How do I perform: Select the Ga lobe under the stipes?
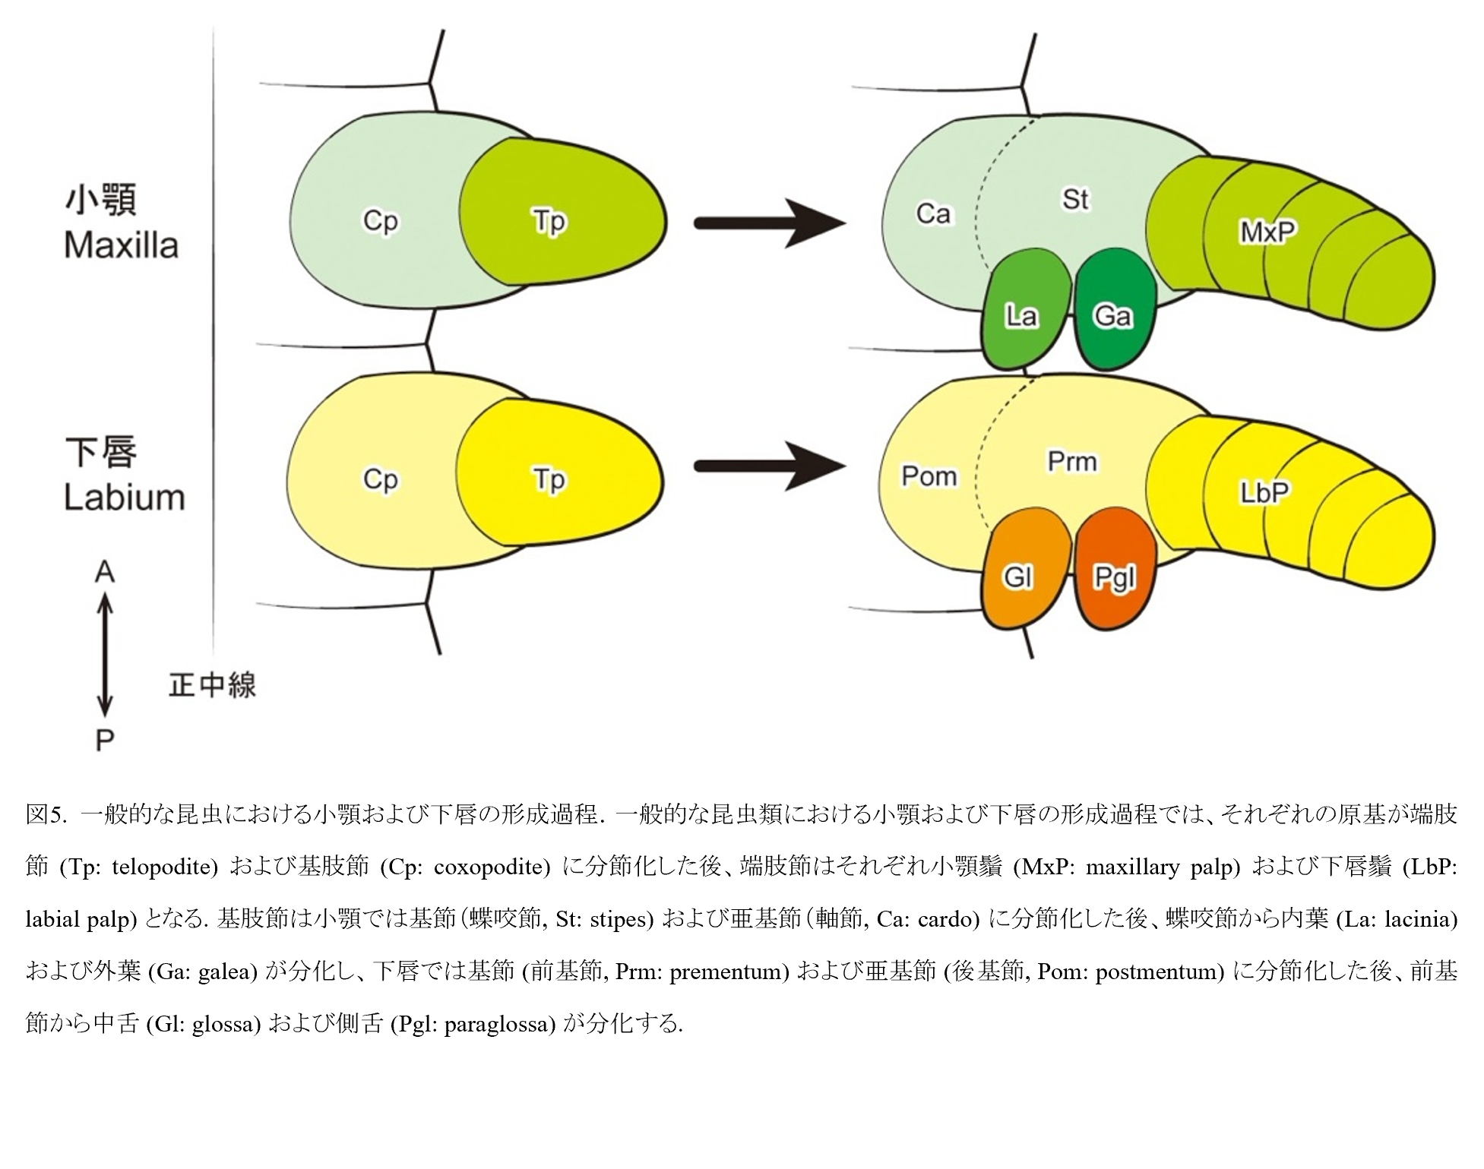1114,310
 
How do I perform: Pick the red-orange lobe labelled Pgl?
1114,569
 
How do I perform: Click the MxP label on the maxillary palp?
1267,232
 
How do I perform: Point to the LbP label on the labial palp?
1265,493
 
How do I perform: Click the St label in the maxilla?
1075,199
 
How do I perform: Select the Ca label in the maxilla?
933,213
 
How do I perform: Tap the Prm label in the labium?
1072,461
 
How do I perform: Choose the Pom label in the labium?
929,476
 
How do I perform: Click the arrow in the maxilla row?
769,223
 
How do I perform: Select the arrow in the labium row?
769,466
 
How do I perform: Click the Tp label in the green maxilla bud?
549,222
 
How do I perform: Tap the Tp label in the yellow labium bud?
549,480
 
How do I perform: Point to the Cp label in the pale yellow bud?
380,480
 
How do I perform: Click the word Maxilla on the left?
121,245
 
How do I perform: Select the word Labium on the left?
124,498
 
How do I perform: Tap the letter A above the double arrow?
104,572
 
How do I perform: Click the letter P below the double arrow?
105,740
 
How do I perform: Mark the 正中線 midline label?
212,685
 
